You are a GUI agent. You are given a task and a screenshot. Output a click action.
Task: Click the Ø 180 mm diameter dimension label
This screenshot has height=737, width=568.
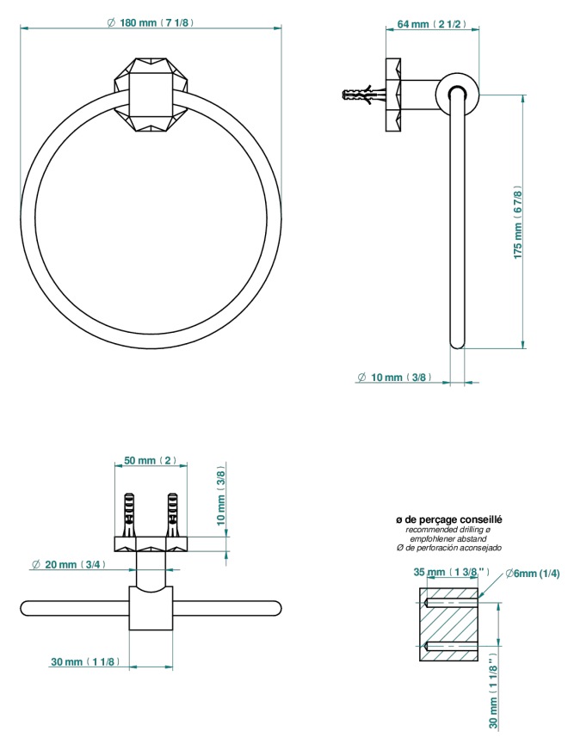coord(151,22)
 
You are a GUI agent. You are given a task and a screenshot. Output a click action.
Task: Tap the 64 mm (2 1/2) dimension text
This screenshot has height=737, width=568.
coord(432,24)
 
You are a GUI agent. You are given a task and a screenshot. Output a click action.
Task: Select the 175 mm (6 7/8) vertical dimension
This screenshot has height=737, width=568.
coord(518,222)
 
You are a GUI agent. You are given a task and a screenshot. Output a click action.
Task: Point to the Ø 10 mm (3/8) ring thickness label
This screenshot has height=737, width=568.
coord(394,377)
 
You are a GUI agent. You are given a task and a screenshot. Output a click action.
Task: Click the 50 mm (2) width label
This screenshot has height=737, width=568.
coord(151,460)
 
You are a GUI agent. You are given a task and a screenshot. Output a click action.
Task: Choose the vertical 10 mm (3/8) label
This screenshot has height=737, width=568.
coord(221,495)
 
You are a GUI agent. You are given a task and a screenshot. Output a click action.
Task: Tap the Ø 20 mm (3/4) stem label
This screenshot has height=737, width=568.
coord(69,564)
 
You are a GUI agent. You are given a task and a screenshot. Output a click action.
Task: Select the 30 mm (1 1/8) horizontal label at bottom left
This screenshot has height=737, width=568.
coord(85,662)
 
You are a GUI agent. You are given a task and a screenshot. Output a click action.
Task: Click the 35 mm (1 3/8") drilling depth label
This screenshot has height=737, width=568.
coord(452,572)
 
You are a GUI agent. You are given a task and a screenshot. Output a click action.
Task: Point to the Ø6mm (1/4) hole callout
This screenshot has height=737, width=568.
coord(533,574)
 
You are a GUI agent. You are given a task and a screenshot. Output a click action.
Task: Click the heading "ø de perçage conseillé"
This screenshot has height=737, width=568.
coord(449,519)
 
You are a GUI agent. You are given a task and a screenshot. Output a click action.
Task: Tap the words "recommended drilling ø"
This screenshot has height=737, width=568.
coord(448,530)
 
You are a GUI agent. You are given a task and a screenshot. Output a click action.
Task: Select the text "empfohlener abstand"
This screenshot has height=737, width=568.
coord(448,538)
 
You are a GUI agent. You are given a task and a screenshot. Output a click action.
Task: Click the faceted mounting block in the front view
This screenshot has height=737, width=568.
coord(151,95)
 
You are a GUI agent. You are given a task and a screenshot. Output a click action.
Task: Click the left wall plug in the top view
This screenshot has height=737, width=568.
coord(128,515)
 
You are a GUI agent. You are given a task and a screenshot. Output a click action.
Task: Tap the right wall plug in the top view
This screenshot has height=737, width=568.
coord(173,515)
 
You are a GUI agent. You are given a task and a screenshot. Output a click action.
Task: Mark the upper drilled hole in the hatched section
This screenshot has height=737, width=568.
coord(451,603)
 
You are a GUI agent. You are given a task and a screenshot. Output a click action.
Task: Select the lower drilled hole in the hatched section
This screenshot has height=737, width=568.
coord(451,646)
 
